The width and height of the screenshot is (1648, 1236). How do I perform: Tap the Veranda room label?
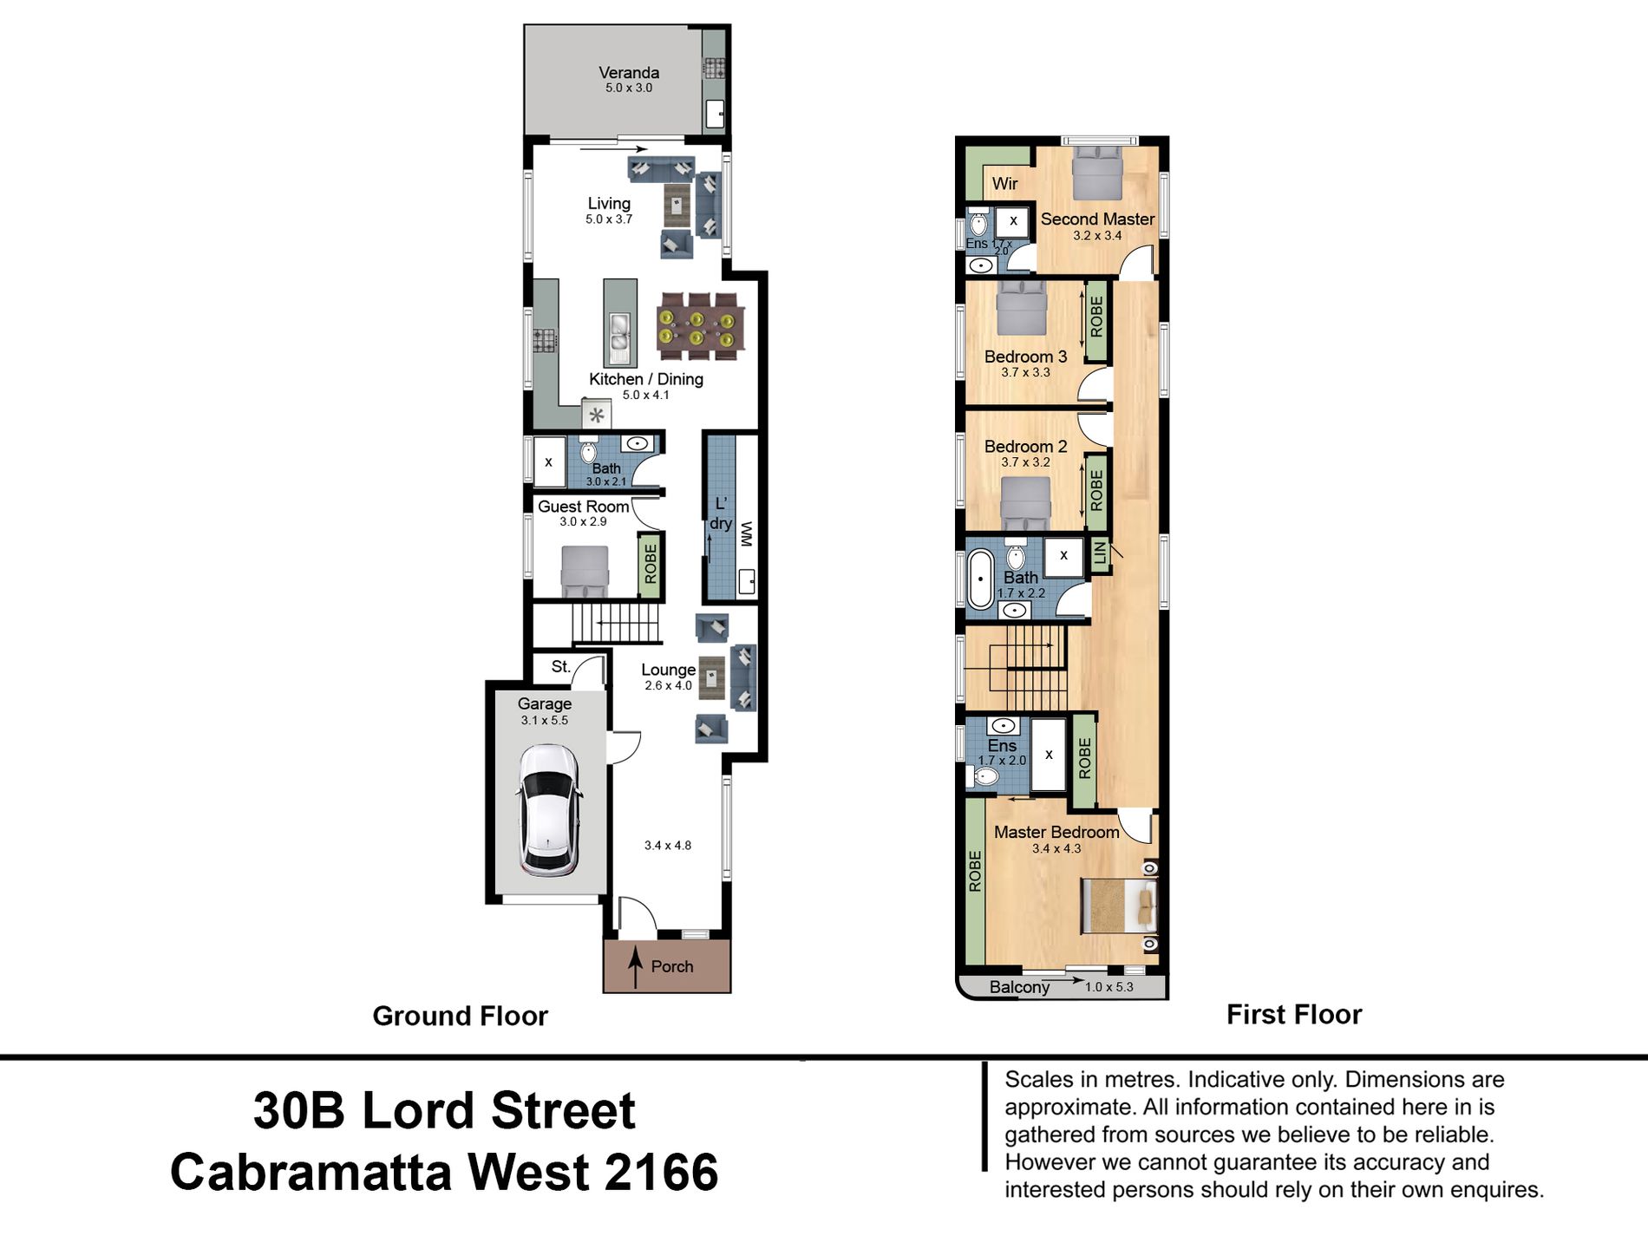coord(629,73)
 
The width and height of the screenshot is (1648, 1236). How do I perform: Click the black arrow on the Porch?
coord(635,967)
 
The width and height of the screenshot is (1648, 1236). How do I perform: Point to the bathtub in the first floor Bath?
coord(980,578)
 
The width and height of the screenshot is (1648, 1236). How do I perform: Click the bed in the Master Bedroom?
coord(1118,906)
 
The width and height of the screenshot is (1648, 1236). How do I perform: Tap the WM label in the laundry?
coord(747,534)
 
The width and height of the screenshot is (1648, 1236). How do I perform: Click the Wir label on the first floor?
coord(1004,183)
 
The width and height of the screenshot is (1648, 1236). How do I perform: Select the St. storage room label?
coord(560,666)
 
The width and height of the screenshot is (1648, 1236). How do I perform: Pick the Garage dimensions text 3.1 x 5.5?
coord(545,720)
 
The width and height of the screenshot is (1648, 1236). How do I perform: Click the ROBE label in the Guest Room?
coord(651,565)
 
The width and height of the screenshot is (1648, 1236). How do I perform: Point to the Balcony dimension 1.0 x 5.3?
coord(1108,986)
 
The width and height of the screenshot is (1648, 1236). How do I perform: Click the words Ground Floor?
coord(460,1016)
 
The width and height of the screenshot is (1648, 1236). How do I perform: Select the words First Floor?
coord(1294,1014)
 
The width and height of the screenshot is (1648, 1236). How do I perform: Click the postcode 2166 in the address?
coord(662,1172)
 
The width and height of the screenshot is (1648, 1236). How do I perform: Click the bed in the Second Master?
coord(1097,173)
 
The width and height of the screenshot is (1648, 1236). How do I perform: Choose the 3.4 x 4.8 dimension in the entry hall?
coord(668,846)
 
